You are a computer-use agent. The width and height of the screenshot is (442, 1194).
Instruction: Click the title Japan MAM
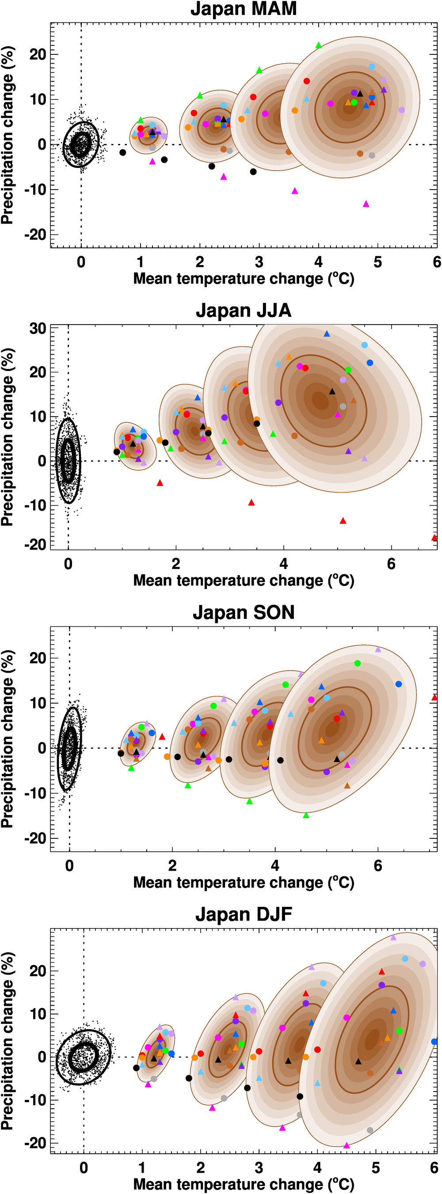(244, 9)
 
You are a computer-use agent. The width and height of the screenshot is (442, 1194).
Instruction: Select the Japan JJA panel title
(244, 310)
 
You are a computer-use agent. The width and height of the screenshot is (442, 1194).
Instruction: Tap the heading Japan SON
(244, 612)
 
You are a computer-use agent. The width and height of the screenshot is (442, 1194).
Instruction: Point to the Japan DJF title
(244, 914)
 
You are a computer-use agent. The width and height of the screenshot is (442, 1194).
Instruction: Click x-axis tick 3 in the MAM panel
(259, 262)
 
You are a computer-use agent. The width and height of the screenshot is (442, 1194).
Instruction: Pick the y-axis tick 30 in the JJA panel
(38, 328)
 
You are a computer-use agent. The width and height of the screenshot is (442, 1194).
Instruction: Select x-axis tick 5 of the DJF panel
(376, 1167)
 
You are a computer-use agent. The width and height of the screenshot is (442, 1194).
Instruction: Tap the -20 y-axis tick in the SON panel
(35, 838)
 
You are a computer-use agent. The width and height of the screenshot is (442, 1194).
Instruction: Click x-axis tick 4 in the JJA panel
(283, 564)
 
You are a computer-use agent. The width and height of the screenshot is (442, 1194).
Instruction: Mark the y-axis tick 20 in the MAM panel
(38, 54)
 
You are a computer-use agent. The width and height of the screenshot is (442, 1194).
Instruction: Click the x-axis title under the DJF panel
(244, 1184)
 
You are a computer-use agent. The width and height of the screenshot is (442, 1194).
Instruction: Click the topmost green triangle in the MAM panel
(318, 45)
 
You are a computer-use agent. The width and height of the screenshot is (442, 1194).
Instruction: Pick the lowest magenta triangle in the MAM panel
(366, 204)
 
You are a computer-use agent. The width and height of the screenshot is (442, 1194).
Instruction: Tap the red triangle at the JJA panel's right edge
(434, 538)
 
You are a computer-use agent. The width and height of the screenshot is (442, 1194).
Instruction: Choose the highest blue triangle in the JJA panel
(327, 334)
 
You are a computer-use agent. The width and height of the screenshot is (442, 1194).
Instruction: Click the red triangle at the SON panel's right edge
(434, 697)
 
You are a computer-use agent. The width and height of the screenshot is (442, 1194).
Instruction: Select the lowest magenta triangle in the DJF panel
(347, 1146)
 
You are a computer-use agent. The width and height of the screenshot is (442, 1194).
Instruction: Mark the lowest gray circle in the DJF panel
(370, 1130)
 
